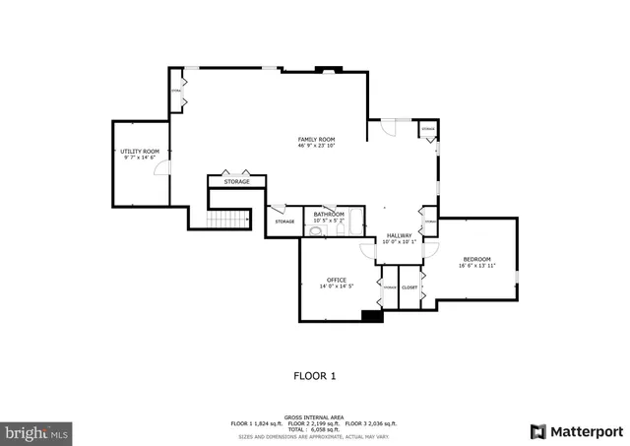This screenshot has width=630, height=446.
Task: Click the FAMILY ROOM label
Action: click(x=317, y=140)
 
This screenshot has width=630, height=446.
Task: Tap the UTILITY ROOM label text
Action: click(x=140, y=152)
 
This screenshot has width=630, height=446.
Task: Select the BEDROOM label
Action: click(x=476, y=259)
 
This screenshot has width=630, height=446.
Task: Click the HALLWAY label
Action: click(x=399, y=235)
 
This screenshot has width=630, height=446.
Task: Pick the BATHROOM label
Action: click(x=329, y=214)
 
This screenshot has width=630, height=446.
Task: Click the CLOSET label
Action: click(x=409, y=287)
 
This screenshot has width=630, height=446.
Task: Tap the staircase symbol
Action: click(x=229, y=220)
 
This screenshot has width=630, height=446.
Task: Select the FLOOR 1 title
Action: click(x=316, y=375)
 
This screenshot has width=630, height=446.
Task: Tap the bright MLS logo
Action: click(x=37, y=431)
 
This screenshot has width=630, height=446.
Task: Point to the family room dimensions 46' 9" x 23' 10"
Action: click(x=317, y=147)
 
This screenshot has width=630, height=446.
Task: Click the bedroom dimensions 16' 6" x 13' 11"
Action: click(x=476, y=266)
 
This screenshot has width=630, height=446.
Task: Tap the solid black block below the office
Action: click(x=372, y=316)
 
